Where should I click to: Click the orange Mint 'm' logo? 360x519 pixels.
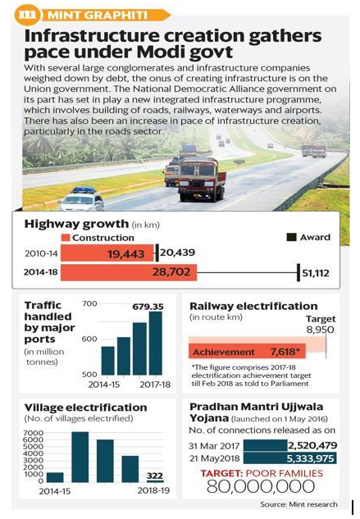(x=28, y=15)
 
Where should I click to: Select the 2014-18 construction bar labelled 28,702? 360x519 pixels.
(x=129, y=272)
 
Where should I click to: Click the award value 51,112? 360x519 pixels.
(x=316, y=273)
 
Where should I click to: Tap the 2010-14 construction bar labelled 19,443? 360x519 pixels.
(x=107, y=253)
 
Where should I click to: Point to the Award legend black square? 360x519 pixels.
(x=291, y=237)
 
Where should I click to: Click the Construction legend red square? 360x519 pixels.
(x=66, y=238)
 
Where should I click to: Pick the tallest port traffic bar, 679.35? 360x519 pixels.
(x=156, y=344)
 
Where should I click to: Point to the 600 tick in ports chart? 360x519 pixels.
(x=89, y=339)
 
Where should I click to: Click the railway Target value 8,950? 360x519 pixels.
(x=321, y=330)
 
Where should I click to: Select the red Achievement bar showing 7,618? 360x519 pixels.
(x=247, y=351)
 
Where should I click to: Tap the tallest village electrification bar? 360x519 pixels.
(x=80, y=457)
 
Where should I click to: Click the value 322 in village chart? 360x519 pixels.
(x=155, y=476)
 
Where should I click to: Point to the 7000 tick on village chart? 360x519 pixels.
(x=34, y=433)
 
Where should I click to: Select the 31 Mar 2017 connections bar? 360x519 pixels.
(x=265, y=445)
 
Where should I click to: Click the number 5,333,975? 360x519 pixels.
(x=310, y=458)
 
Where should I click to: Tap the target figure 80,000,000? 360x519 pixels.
(x=261, y=486)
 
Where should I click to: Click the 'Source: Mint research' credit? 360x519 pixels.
(x=298, y=504)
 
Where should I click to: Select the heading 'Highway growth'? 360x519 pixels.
(x=76, y=224)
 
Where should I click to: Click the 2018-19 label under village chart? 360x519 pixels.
(x=153, y=490)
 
